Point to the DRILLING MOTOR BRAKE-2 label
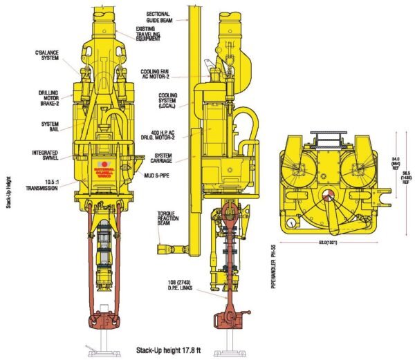(48, 100)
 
